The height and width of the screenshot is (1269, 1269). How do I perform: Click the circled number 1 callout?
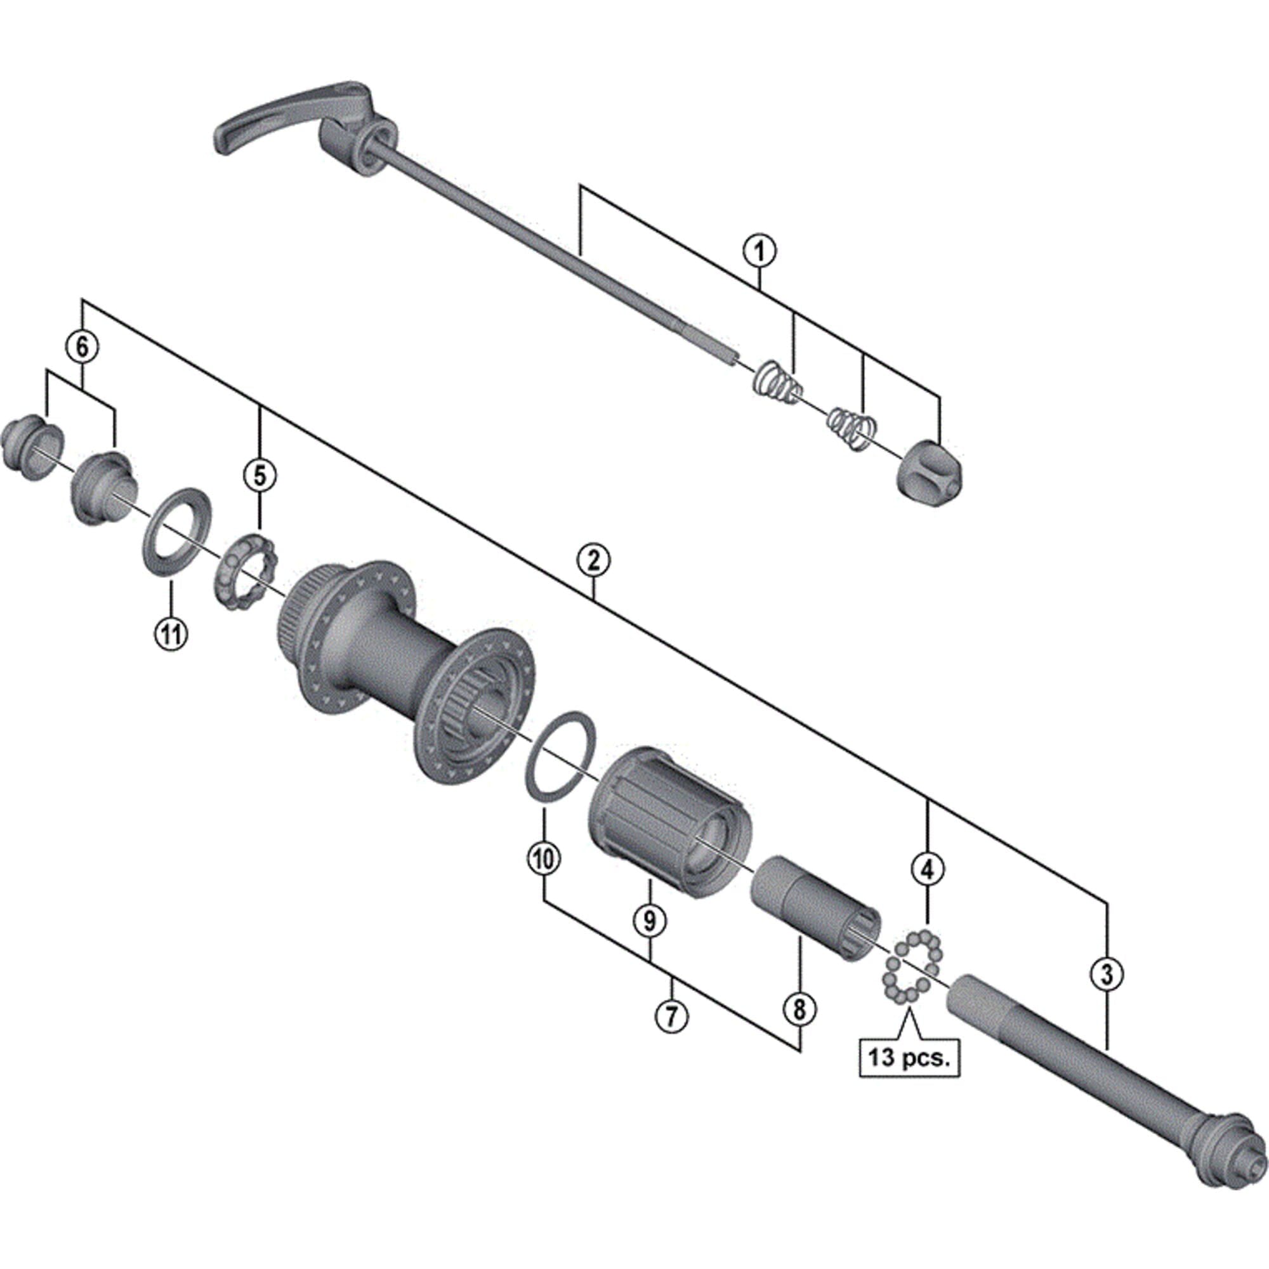point(759,251)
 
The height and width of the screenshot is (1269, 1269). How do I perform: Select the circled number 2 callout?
point(593,560)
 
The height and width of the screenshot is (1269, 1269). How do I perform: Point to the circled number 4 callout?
point(927,870)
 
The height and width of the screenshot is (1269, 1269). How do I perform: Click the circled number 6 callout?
point(82,347)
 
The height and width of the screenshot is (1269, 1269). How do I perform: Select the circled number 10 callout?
point(544,859)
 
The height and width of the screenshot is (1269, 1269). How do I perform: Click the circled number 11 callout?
point(171,634)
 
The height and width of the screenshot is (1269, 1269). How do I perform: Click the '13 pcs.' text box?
point(909,1059)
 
